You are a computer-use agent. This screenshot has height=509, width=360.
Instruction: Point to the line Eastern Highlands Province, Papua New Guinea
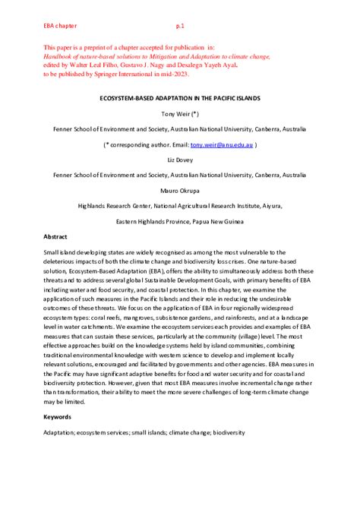click(179, 221)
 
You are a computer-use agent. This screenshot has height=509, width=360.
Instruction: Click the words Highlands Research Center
click(113, 205)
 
